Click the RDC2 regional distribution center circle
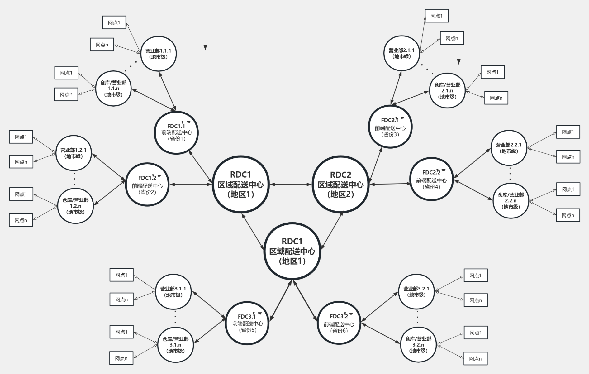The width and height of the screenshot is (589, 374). click(340, 185)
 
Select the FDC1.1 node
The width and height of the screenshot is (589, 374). click(176, 132)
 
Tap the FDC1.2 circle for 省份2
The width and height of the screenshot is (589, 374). click(147, 185)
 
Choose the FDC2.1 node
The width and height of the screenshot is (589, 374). click(390, 127)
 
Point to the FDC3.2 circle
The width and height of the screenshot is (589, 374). click(339, 323)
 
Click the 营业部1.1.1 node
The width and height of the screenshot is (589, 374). click(158, 54)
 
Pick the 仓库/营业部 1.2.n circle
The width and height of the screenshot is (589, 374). click(75, 206)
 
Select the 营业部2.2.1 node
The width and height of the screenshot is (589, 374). click(509, 148)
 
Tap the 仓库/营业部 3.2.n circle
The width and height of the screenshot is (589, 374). click(418, 344)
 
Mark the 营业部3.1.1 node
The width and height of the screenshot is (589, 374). click(173, 292)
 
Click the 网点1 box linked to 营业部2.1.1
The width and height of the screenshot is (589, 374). click(437, 16)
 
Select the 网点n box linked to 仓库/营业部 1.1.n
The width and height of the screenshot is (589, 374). click(66, 94)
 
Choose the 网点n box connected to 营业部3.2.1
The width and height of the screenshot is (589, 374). click(476, 300)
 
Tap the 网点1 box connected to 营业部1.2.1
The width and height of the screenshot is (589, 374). click(21, 137)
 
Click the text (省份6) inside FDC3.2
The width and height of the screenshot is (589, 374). click(339, 330)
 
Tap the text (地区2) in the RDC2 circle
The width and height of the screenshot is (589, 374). click(340, 194)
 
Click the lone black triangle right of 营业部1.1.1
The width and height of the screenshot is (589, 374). click(205, 47)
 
